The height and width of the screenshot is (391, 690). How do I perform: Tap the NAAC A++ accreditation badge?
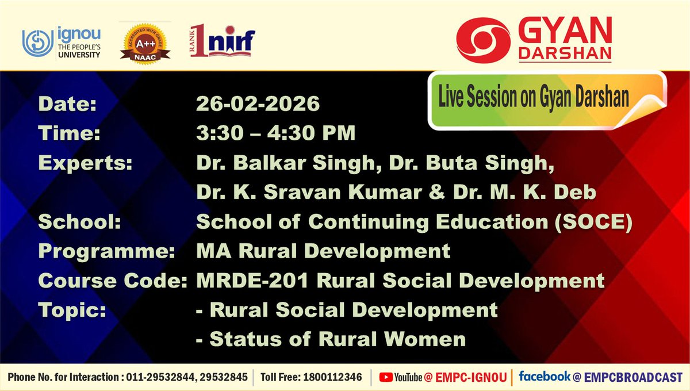click(145, 41)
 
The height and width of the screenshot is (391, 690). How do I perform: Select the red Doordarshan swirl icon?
click(482, 35)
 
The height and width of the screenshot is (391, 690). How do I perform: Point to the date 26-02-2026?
click(258, 105)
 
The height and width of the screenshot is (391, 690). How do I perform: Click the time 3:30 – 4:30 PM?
click(275, 133)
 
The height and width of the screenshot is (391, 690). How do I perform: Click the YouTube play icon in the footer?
click(386, 377)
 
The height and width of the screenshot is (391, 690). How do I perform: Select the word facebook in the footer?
click(544, 377)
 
